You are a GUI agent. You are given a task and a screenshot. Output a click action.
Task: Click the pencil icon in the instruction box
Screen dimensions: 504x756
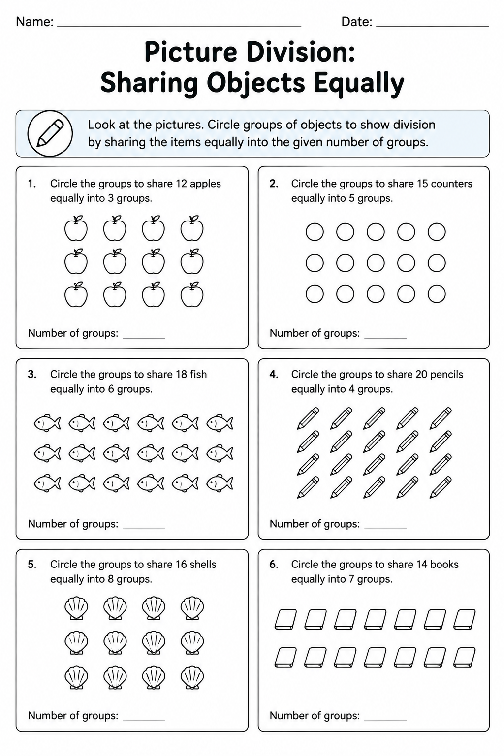tap(50, 133)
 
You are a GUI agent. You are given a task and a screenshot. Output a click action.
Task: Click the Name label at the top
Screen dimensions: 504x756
tap(34, 22)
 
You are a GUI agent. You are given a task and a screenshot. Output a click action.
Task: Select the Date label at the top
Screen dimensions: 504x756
tap(356, 22)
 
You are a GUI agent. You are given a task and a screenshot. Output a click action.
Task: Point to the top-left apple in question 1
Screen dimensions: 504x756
tap(76, 228)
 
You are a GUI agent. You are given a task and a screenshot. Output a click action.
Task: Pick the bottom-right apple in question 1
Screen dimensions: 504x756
tap(192, 295)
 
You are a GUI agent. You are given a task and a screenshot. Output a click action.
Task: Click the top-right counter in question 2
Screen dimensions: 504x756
tap(437, 232)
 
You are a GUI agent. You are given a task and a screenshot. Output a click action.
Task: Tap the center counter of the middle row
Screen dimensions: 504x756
tap(376, 263)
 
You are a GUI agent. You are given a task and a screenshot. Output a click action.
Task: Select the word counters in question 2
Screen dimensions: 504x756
tap(452, 184)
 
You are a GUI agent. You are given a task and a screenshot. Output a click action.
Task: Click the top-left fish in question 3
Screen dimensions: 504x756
tap(47, 423)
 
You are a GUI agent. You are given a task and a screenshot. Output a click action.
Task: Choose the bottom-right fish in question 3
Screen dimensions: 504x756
tap(220, 483)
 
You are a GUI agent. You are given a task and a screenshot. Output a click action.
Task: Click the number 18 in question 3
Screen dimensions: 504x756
tap(181, 374)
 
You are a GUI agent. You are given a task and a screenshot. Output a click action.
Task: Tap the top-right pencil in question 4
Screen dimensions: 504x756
tap(441, 418)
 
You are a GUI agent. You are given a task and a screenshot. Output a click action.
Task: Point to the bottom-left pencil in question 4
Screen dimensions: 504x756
tap(308, 487)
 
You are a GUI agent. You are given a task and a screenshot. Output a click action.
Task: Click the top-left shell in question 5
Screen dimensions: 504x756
tap(76, 608)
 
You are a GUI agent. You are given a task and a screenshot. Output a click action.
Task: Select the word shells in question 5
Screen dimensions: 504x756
tap(203, 565)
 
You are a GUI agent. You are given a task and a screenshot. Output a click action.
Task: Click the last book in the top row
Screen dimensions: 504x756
tap(464, 619)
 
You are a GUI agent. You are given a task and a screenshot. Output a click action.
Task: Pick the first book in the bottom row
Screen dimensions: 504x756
tap(285, 658)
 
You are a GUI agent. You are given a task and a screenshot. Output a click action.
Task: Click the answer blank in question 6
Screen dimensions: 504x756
tap(385, 720)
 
